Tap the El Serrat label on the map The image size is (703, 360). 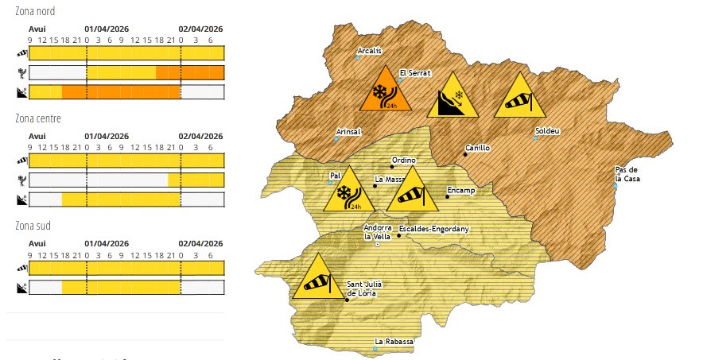click(414, 72)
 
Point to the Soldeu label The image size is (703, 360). click(549, 130)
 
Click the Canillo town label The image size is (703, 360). click(477, 148)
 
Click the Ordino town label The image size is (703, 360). click(405, 160)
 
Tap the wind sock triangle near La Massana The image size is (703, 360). click(412, 192)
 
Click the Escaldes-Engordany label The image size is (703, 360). click(433, 229)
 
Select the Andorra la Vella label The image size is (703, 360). click(378, 232)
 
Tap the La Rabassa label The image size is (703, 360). click(394, 342)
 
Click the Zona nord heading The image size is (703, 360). click(35, 11)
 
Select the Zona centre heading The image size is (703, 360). click(37, 118)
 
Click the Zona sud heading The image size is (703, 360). click(33, 226)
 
